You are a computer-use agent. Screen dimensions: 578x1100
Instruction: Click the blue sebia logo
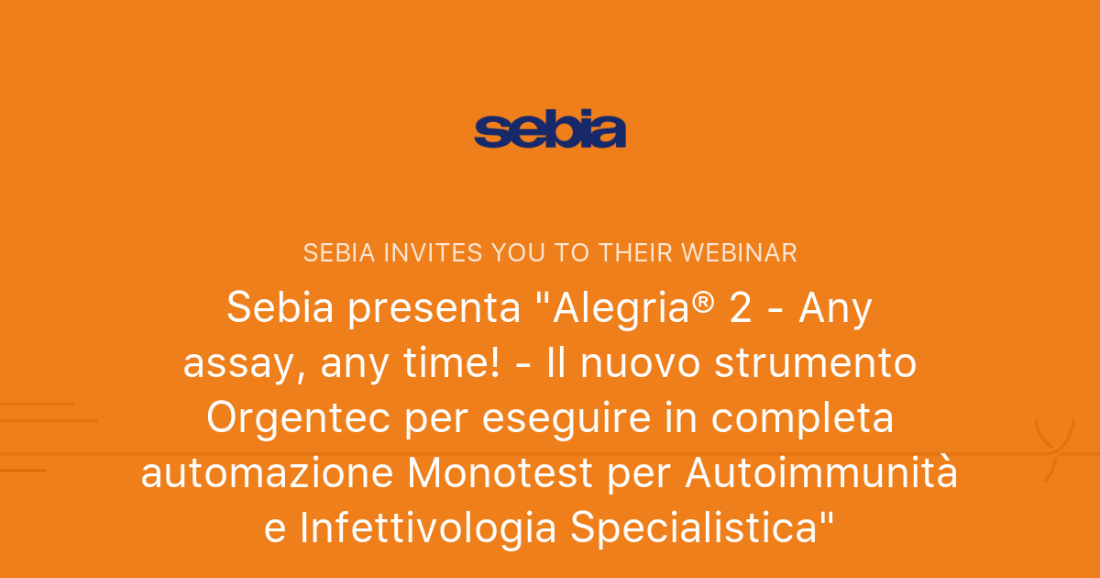(550, 130)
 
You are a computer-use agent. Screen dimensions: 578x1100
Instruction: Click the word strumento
(816, 363)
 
